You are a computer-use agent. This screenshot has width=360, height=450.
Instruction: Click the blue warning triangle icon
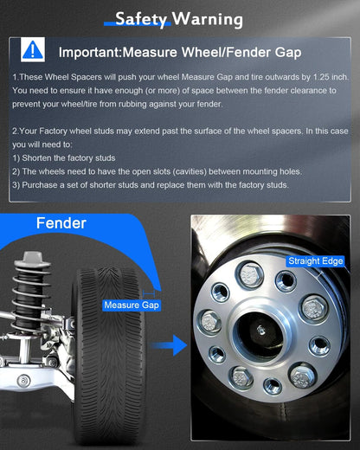tap(33, 49)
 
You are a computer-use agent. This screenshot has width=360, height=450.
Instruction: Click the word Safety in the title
tap(141, 19)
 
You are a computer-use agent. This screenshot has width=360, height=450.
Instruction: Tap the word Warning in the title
tap(208, 19)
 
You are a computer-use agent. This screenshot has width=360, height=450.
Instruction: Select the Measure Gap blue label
tap(132, 305)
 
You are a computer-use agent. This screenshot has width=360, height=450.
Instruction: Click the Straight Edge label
tap(316, 261)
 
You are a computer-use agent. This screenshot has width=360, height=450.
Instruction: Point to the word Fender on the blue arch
tap(61, 223)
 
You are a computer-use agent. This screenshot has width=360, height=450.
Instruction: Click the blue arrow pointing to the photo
tap(169, 345)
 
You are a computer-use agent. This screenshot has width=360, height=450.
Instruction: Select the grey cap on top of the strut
tap(33, 259)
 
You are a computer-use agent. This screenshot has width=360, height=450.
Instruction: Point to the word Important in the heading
tap(89, 53)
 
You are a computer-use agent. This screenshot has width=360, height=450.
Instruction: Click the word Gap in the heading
tap(288, 53)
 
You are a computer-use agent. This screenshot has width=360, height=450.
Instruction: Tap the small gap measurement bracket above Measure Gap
tap(149, 293)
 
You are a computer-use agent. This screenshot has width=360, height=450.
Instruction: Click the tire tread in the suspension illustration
tap(110, 355)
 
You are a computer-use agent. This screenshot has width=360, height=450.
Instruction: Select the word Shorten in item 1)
tap(36, 158)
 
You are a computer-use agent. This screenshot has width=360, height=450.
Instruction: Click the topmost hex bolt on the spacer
tap(251, 273)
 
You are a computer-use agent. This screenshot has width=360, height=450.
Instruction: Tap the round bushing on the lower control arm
tap(23, 381)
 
